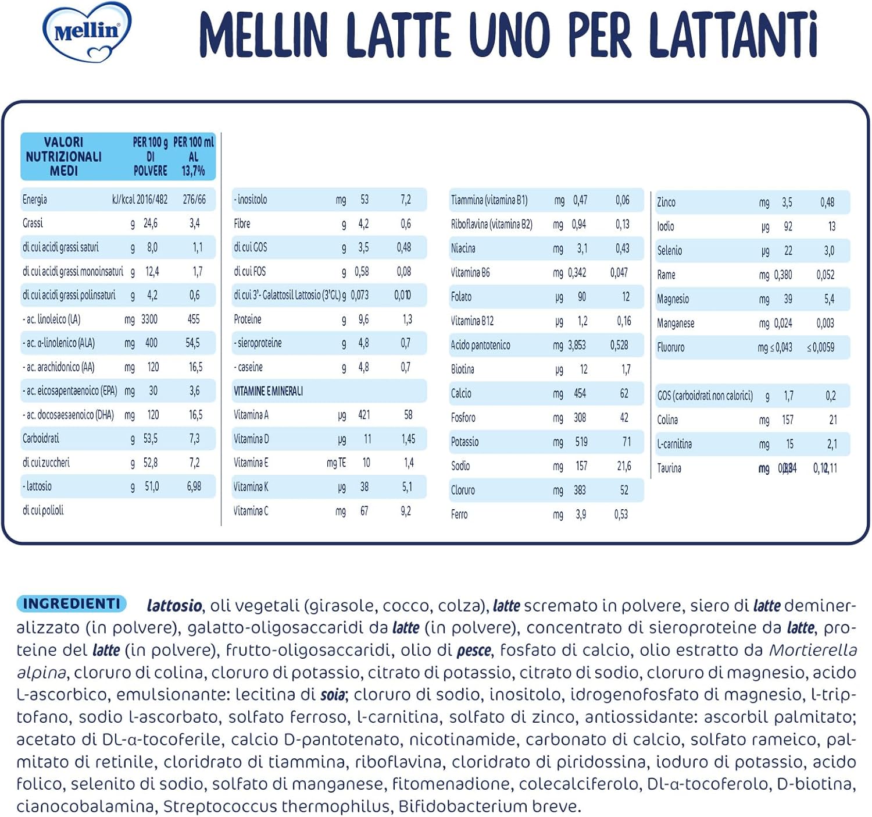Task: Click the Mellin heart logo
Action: [87, 32]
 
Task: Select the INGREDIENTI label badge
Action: [72, 603]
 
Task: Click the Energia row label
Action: [35, 200]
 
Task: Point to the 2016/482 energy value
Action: [152, 200]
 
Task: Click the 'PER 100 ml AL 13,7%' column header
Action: [194, 157]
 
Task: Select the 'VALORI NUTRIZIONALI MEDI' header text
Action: [63, 157]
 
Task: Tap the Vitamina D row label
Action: [251, 439]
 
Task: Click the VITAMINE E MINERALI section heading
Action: [268, 391]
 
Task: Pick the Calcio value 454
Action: [580, 393]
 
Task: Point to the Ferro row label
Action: [459, 514]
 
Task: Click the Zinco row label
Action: [666, 203]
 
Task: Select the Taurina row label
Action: [669, 468]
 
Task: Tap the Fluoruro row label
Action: [671, 347]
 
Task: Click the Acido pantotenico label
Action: [480, 345]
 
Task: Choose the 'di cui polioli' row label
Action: [43, 510]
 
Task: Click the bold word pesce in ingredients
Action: [474, 650]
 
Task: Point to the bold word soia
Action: [333, 695]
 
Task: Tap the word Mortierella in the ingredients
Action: [813, 650]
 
